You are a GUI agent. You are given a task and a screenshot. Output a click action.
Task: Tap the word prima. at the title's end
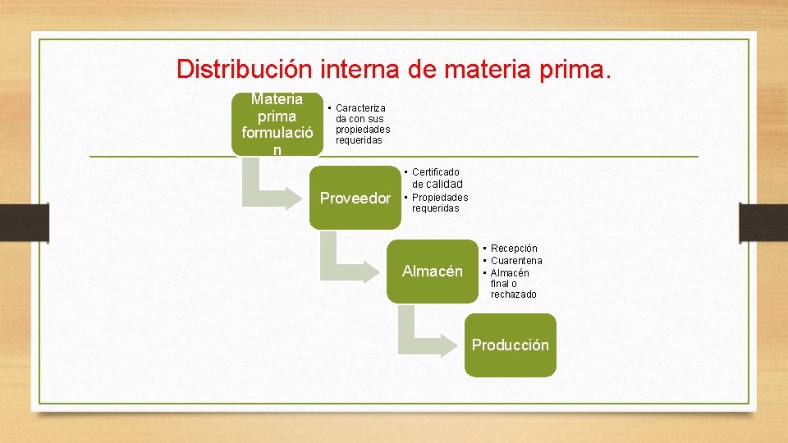pos(577,68)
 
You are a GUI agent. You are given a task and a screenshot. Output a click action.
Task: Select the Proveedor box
pos(355,199)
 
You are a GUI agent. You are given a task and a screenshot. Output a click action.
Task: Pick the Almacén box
pos(432,272)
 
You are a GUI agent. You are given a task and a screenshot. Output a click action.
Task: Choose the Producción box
pos(510,345)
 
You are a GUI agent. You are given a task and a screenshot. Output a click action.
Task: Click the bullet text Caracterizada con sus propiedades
pos(361,124)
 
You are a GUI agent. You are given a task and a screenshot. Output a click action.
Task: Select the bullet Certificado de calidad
pos(435,178)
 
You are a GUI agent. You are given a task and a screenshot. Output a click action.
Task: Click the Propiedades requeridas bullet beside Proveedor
pos(439,203)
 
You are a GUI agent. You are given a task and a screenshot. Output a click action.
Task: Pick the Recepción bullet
pos(514,249)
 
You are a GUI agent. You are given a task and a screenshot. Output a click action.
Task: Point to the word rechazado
pos(514,295)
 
